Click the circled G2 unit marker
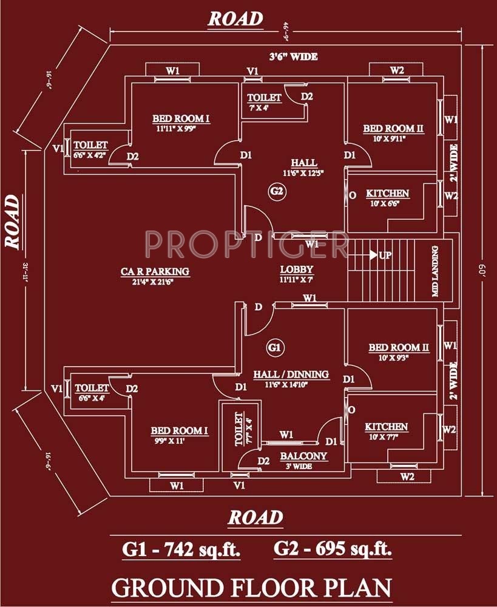coord(277,192)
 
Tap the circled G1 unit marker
coord(275,348)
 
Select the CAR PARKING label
coord(154,271)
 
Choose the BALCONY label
coord(303,456)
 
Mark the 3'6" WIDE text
coord(294,57)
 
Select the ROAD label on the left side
coord(13,221)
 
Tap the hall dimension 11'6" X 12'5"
coord(303,173)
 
